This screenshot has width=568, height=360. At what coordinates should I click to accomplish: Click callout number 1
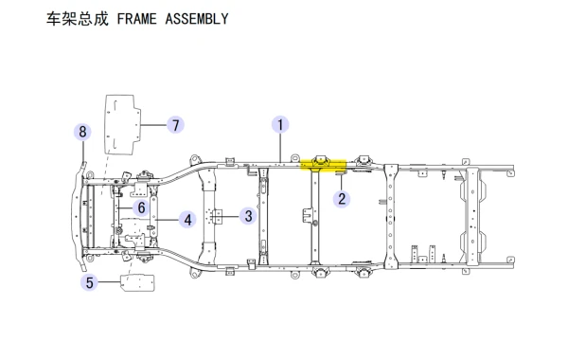(280, 125)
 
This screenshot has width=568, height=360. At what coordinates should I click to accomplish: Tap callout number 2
(342, 199)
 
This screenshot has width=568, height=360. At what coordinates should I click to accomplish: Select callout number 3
(248, 216)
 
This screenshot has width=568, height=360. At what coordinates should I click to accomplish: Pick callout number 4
(187, 220)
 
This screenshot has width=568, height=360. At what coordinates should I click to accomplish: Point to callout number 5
(90, 282)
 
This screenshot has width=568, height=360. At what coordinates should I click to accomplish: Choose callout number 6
(141, 207)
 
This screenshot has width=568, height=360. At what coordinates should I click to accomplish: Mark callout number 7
(176, 125)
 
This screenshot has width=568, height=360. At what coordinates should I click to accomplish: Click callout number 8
(82, 132)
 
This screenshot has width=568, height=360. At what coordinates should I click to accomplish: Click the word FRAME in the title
(137, 19)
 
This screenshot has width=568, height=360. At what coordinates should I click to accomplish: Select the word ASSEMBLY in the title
(197, 19)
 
